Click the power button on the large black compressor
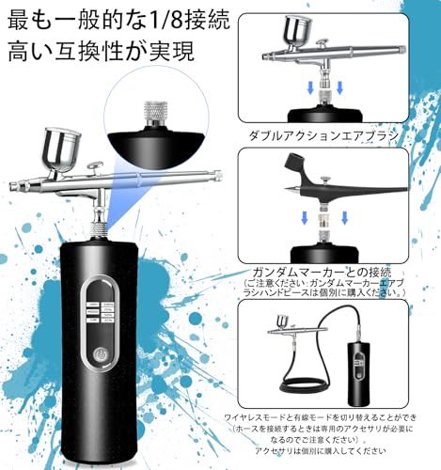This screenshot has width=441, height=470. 102,356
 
